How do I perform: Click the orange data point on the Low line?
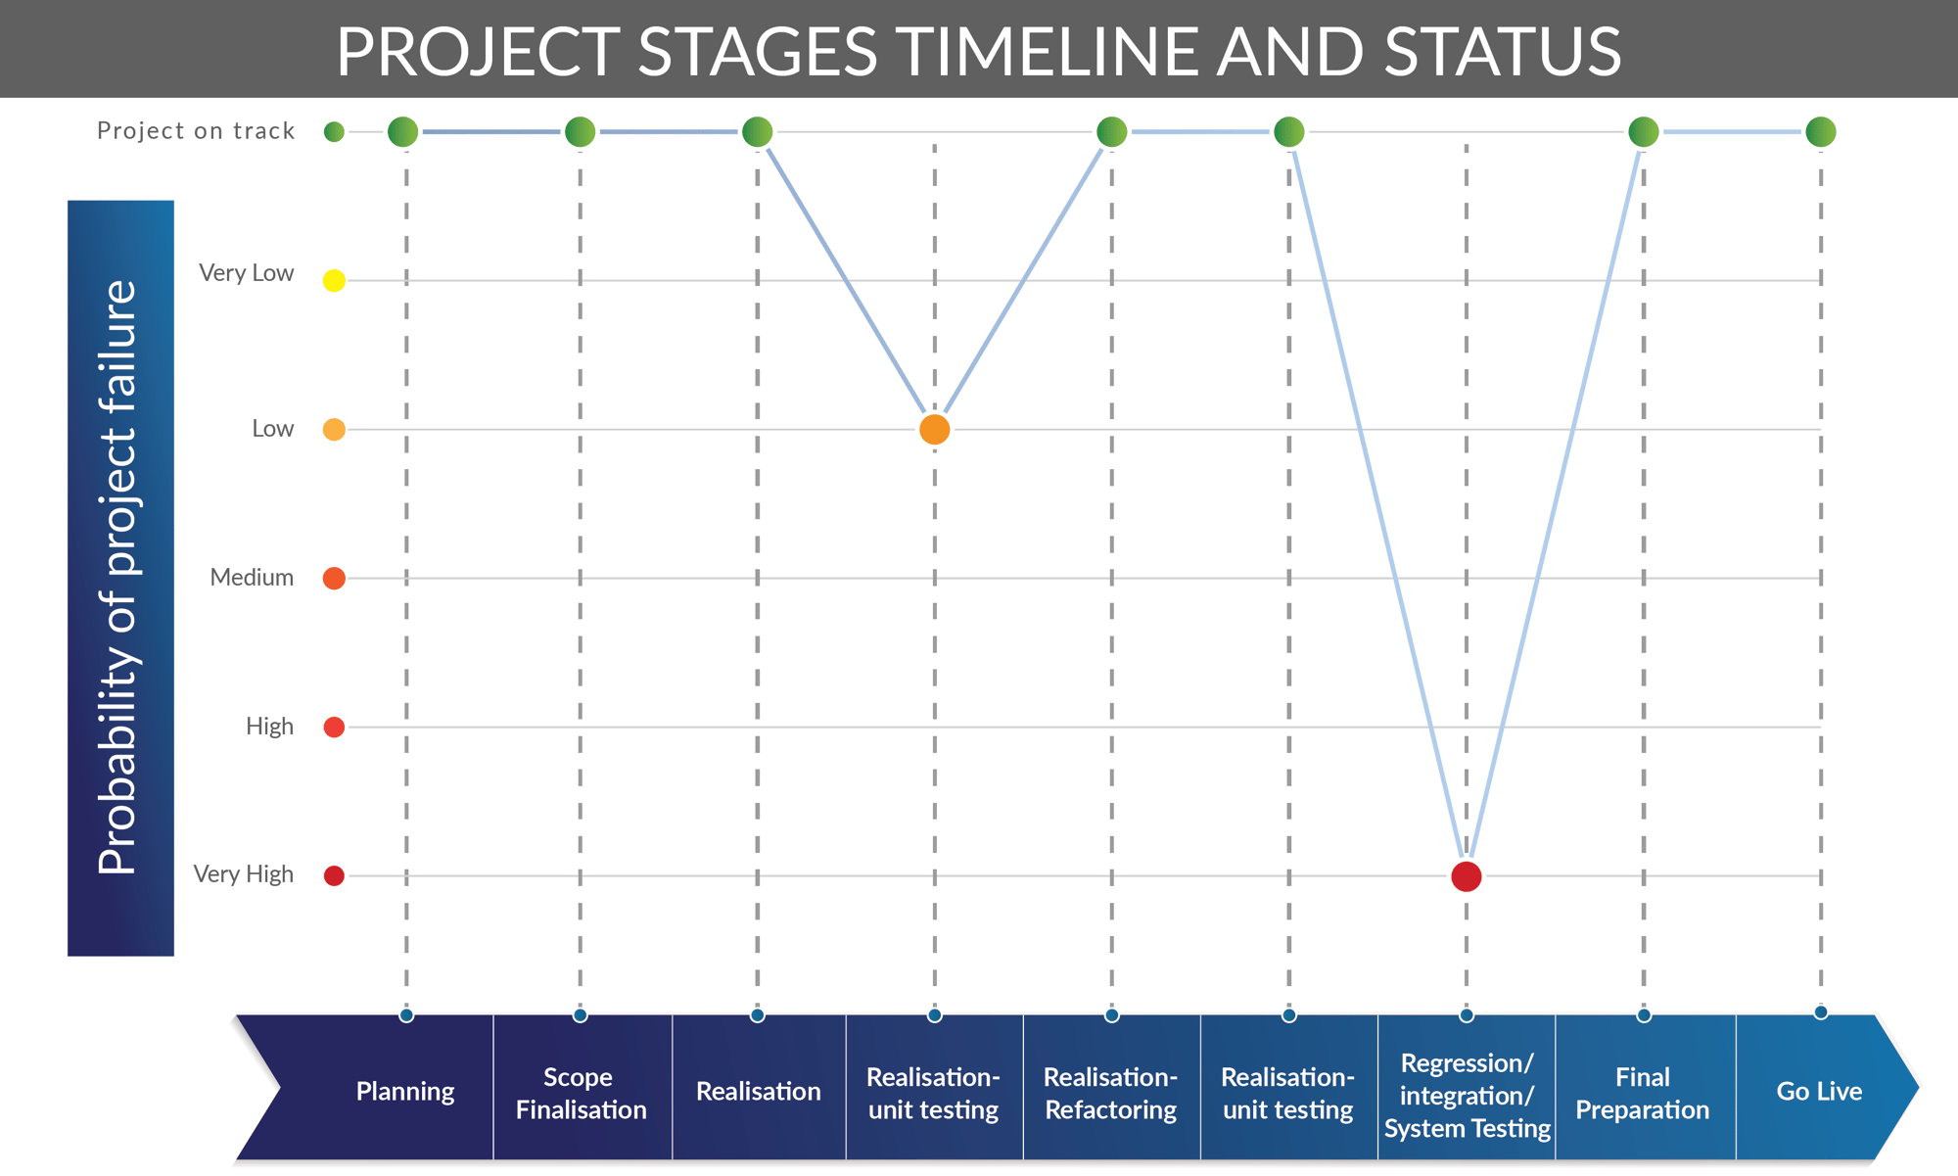(934, 429)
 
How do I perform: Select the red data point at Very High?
(1466, 876)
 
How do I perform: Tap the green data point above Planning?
(403, 131)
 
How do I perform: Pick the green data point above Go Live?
(1820, 131)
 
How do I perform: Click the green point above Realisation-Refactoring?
(1111, 131)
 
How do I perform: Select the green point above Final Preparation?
(1643, 131)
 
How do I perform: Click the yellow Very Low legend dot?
(334, 281)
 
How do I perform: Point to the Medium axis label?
(252, 578)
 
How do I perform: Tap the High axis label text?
(269, 727)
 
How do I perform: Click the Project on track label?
(196, 131)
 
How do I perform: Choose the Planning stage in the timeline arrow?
(405, 1091)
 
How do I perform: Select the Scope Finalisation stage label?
(581, 1093)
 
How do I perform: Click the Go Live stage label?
(1819, 1091)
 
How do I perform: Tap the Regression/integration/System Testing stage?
(1467, 1095)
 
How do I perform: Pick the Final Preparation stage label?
(1642, 1093)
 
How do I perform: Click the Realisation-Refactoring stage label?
(1110, 1093)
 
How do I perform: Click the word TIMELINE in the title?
(1048, 51)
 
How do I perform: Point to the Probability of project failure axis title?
(119, 578)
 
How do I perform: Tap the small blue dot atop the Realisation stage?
(757, 1015)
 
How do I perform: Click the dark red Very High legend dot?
(334, 875)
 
